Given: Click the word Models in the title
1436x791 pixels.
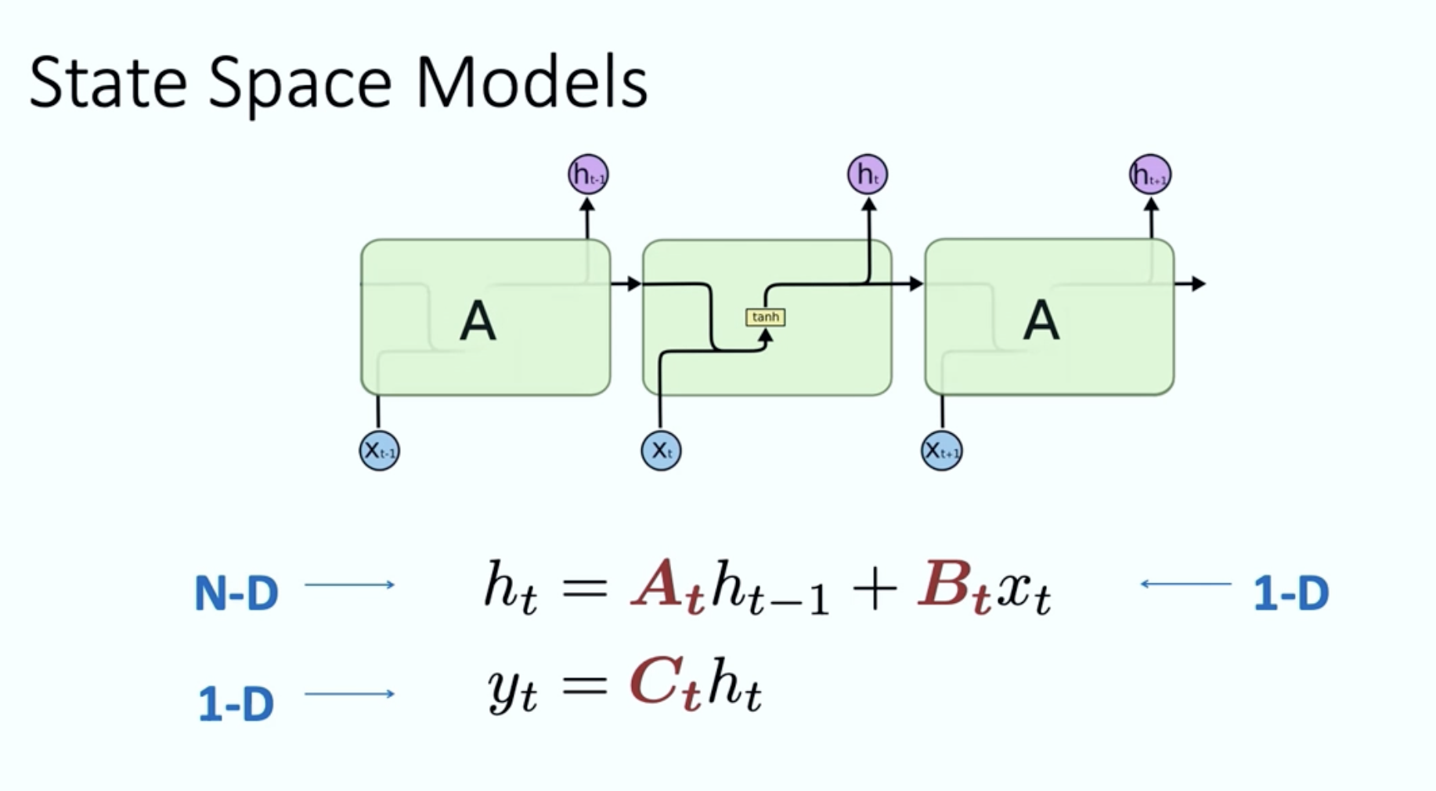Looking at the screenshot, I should pos(532,83).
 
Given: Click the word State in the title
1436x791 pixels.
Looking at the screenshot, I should pos(107,83).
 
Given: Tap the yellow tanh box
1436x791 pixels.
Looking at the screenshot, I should pos(765,317).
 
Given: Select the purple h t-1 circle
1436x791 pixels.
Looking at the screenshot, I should pos(588,175).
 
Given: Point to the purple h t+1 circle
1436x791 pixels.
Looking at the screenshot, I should pos(1150,175).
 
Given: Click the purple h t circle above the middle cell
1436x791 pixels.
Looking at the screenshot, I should pos(868,175).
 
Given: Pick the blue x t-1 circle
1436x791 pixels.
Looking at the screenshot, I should pos(380,450).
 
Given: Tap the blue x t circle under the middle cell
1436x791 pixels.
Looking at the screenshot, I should pos(661,450).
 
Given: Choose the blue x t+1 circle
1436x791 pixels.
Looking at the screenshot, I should pos(941,450).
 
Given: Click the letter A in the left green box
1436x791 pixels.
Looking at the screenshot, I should pos(478,321).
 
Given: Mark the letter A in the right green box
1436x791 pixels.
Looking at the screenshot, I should pos(1041,321).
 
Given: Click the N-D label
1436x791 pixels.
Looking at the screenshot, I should pos(236,594).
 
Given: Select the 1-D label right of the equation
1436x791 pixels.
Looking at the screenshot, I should pos(1291,594).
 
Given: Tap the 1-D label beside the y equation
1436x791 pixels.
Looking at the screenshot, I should pos(236,703).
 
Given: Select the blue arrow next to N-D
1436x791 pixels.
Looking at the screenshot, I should pos(349,584).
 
